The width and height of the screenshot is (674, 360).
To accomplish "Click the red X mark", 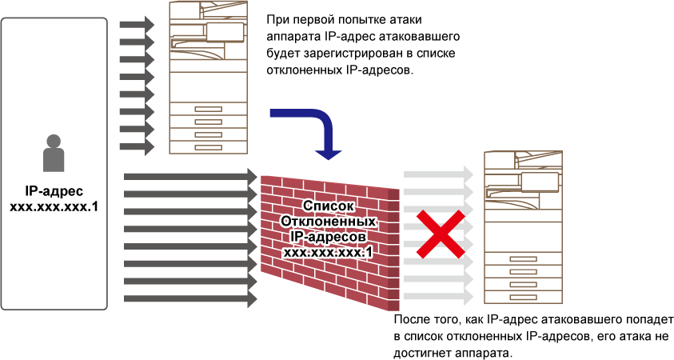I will click(440, 234).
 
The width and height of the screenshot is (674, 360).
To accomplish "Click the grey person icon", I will click(54, 154).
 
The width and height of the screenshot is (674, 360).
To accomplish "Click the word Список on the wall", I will click(328, 206).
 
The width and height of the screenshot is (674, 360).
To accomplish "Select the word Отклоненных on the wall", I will click(328, 221).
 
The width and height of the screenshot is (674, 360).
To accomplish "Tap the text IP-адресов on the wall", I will click(328, 237).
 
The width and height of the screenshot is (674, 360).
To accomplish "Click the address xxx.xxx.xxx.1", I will click(328, 252).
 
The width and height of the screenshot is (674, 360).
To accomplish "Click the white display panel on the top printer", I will click(225, 32).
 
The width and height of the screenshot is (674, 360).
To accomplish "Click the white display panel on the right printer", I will click(540, 182).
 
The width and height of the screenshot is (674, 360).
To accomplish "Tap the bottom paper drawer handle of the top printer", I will click(208, 147).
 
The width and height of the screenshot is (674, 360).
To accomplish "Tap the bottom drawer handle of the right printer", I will click(523, 297).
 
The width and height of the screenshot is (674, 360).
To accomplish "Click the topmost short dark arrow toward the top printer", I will click(136, 25).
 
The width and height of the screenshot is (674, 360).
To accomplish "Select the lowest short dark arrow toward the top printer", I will click(136, 146).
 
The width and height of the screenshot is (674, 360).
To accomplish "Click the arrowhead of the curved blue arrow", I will click(328, 154).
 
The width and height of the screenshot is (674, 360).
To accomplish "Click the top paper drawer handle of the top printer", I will click(208, 109).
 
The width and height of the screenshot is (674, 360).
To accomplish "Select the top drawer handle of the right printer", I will click(523, 259).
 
